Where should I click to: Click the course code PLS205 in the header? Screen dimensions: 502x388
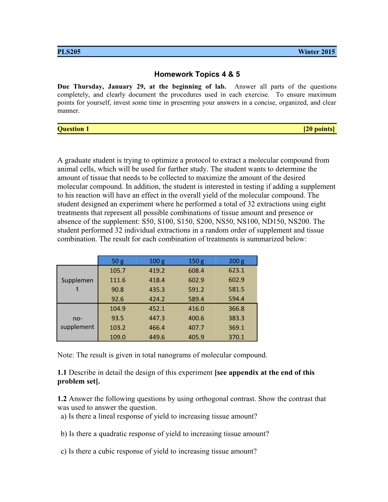pyautogui.click(x=69, y=52)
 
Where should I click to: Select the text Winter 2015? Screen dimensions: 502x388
pyautogui.click(x=316, y=52)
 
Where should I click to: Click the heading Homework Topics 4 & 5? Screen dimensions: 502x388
pyautogui.click(x=197, y=74)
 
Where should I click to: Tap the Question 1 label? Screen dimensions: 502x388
pyautogui.click(x=73, y=129)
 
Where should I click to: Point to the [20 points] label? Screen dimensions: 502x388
pyautogui.click(x=319, y=129)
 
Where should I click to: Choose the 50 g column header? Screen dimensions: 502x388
pyautogui.click(x=118, y=261)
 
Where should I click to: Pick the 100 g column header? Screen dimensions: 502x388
pyautogui.click(x=157, y=261)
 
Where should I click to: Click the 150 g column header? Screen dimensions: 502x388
pyautogui.click(x=196, y=261)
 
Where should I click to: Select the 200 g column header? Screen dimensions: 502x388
pyautogui.click(x=237, y=261)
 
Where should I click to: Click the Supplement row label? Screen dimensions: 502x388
pyautogui.click(x=77, y=284)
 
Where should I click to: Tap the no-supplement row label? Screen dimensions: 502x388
pyautogui.click(x=77, y=322)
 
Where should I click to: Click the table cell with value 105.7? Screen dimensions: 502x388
pyautogui.click(x=118, y=270)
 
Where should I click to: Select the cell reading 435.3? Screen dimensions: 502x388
pyautogui.click(x=157, y=289)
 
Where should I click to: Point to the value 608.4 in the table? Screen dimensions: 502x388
pyautogui.click(x=196, y=270)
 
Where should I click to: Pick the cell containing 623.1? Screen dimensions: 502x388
pyautogui.click(x=237, y=270)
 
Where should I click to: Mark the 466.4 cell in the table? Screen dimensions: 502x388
pyautogui.click(x=157, y=327)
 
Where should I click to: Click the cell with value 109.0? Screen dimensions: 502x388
pyautogui.click(x=118, y=337)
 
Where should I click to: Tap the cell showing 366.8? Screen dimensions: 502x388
pyautogui.click(x=237, y=308)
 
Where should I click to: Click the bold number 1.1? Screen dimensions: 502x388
pyautogui.click(x=62, y=373)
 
